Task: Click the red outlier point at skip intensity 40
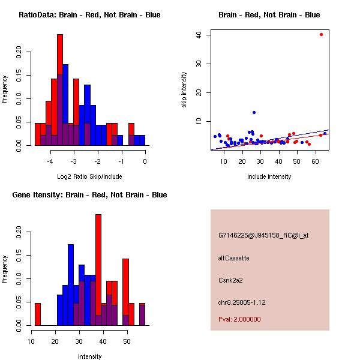click(x=322, y=34)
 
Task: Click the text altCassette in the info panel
click(x=233, y=258)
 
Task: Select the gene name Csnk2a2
click(x=230, y=280)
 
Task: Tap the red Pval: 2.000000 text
click(x=239, y=319)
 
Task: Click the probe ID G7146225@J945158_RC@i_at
click(x=263, y=235)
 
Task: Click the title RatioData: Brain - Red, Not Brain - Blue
click(x=89, y=15)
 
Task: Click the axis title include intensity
click(x=269, y=176)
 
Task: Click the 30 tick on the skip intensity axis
click(x=199, y=63)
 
